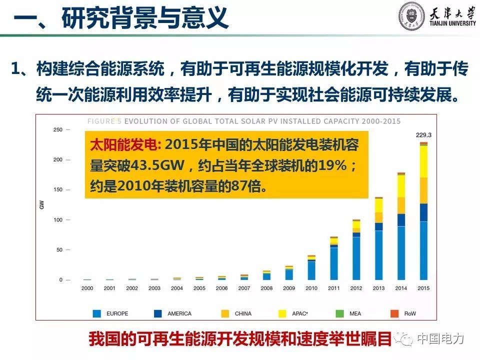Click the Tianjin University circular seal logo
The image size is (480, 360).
411,16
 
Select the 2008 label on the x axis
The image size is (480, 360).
266,288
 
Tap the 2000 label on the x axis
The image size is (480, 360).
87,288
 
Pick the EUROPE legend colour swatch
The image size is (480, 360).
97,313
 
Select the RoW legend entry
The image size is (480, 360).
410,313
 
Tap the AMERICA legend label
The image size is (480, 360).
179,313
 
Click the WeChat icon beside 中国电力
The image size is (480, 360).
404,339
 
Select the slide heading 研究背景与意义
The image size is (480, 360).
145,19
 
